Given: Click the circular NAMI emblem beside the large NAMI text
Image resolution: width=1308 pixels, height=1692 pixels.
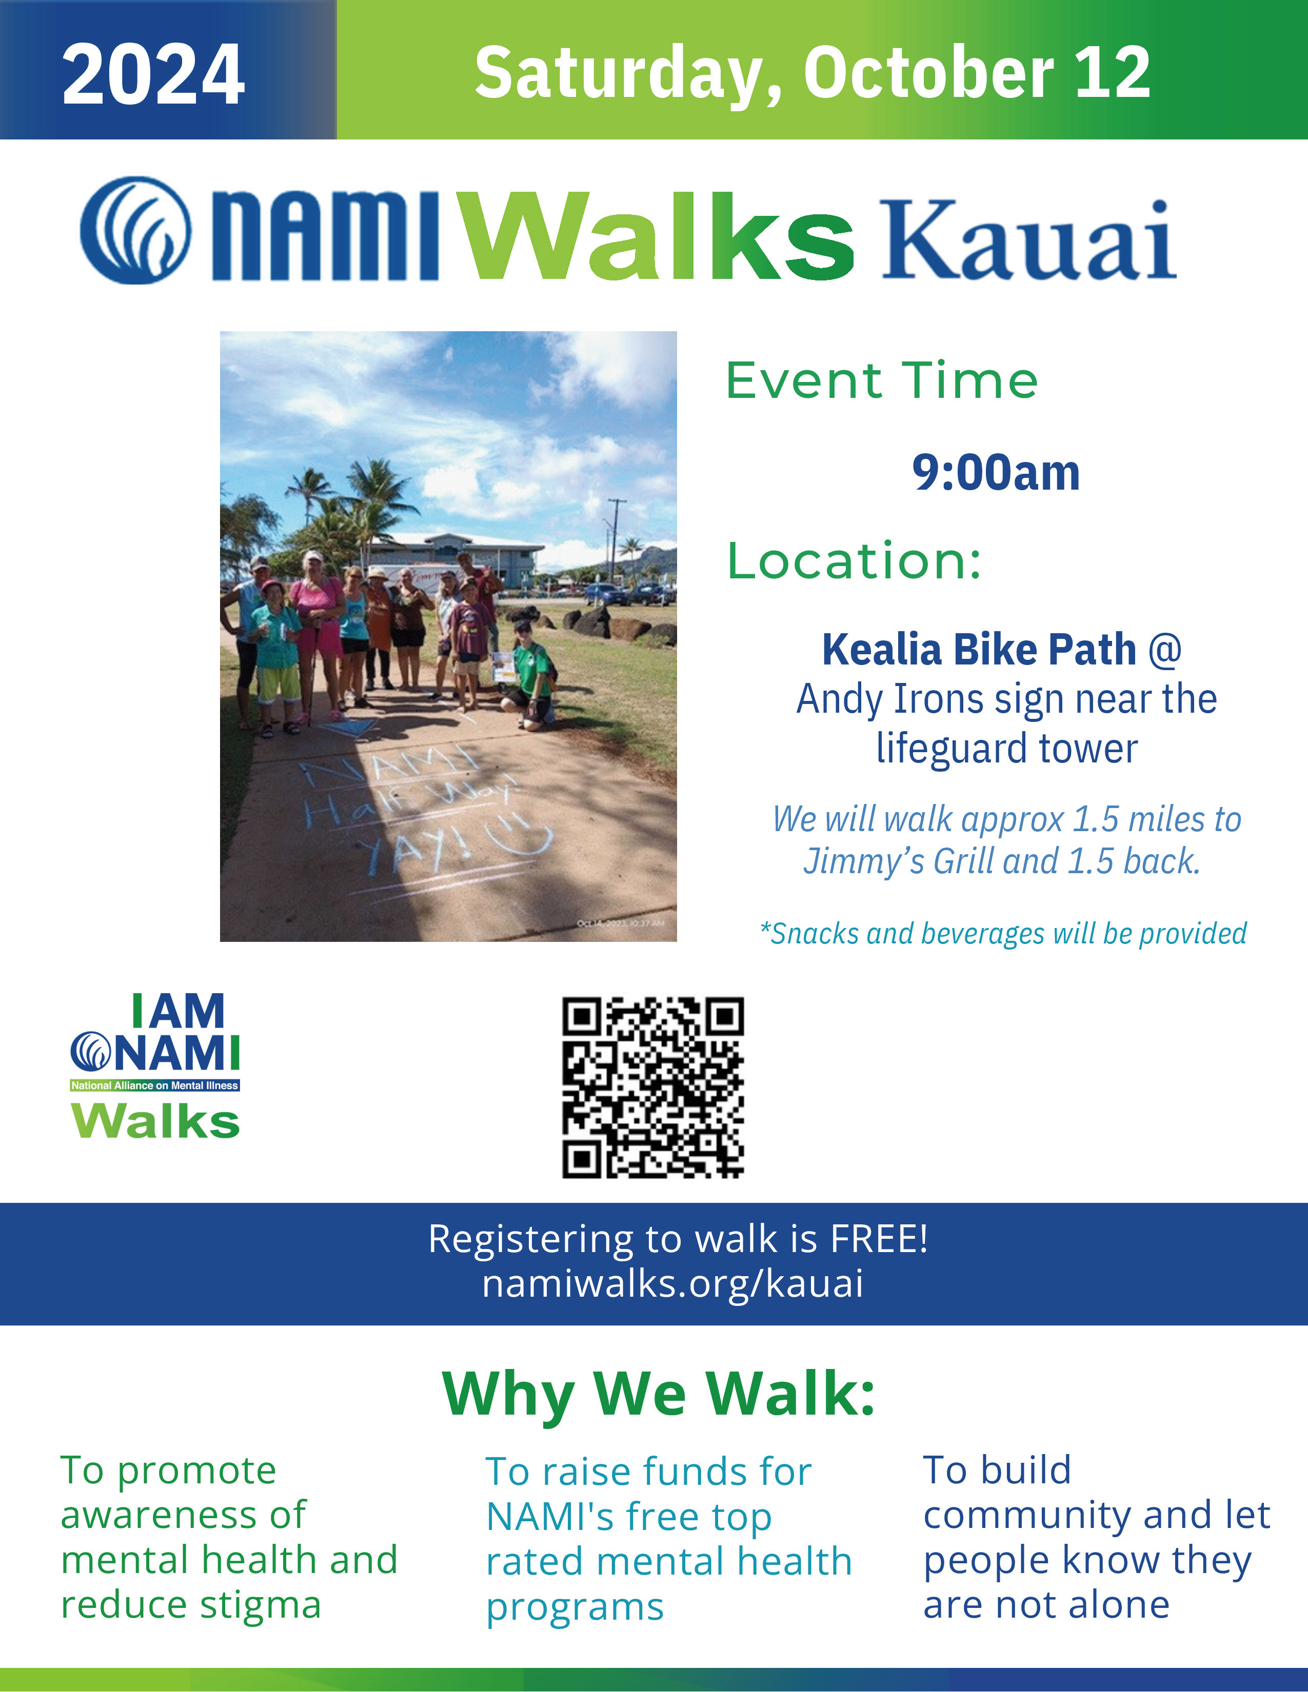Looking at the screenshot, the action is pos(135,230).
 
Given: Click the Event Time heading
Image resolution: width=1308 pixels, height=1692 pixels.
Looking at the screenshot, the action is pos(882,380).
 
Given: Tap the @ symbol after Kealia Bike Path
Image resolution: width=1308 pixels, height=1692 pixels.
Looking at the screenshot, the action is pos(1165,649).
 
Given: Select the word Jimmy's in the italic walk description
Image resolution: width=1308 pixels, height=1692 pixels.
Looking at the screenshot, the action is pos(862,861).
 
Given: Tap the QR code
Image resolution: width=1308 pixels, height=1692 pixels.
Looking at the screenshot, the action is pos(652,1087).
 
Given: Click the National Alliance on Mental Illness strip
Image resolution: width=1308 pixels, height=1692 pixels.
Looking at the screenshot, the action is pos(155,1085).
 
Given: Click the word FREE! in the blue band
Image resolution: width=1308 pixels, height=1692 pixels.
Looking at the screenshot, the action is pos(879,1238).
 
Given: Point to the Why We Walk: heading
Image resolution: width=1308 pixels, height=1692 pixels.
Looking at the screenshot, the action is pos(659,1395).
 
